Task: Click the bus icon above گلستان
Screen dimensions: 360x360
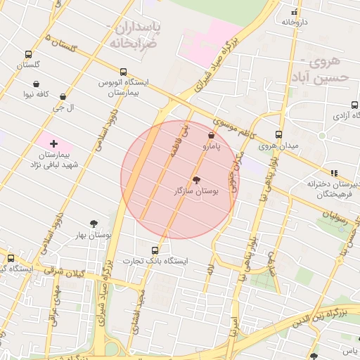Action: pyautogui.click(x=28, y=54)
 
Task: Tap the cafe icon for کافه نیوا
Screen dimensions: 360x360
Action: pyautogui.click(x=36, y=84)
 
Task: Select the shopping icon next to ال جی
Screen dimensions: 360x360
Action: pyautogui.click(x=63, y=97)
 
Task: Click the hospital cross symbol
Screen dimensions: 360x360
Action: pyautogui.click(x=53, y=143)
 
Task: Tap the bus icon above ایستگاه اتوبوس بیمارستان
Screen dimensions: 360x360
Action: pyautogui.click(x=124, y=72)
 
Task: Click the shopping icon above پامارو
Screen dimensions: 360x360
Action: pyautogui.click(x=212, y=135)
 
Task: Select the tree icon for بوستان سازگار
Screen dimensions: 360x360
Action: pyautogui.click(x=196, y=180)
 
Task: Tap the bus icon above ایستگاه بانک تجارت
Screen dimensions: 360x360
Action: pyautogui.click(x=155, y=250)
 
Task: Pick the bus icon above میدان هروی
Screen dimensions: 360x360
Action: pyautogui.click(x=278, y=134)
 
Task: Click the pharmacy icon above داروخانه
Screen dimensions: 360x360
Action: pyautogui.click(x=295, y=11)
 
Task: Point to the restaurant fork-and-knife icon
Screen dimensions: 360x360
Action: pyautogui.click(x=334, y=172)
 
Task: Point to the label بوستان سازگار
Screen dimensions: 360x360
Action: pyautogui.click(x=196, y=191)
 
